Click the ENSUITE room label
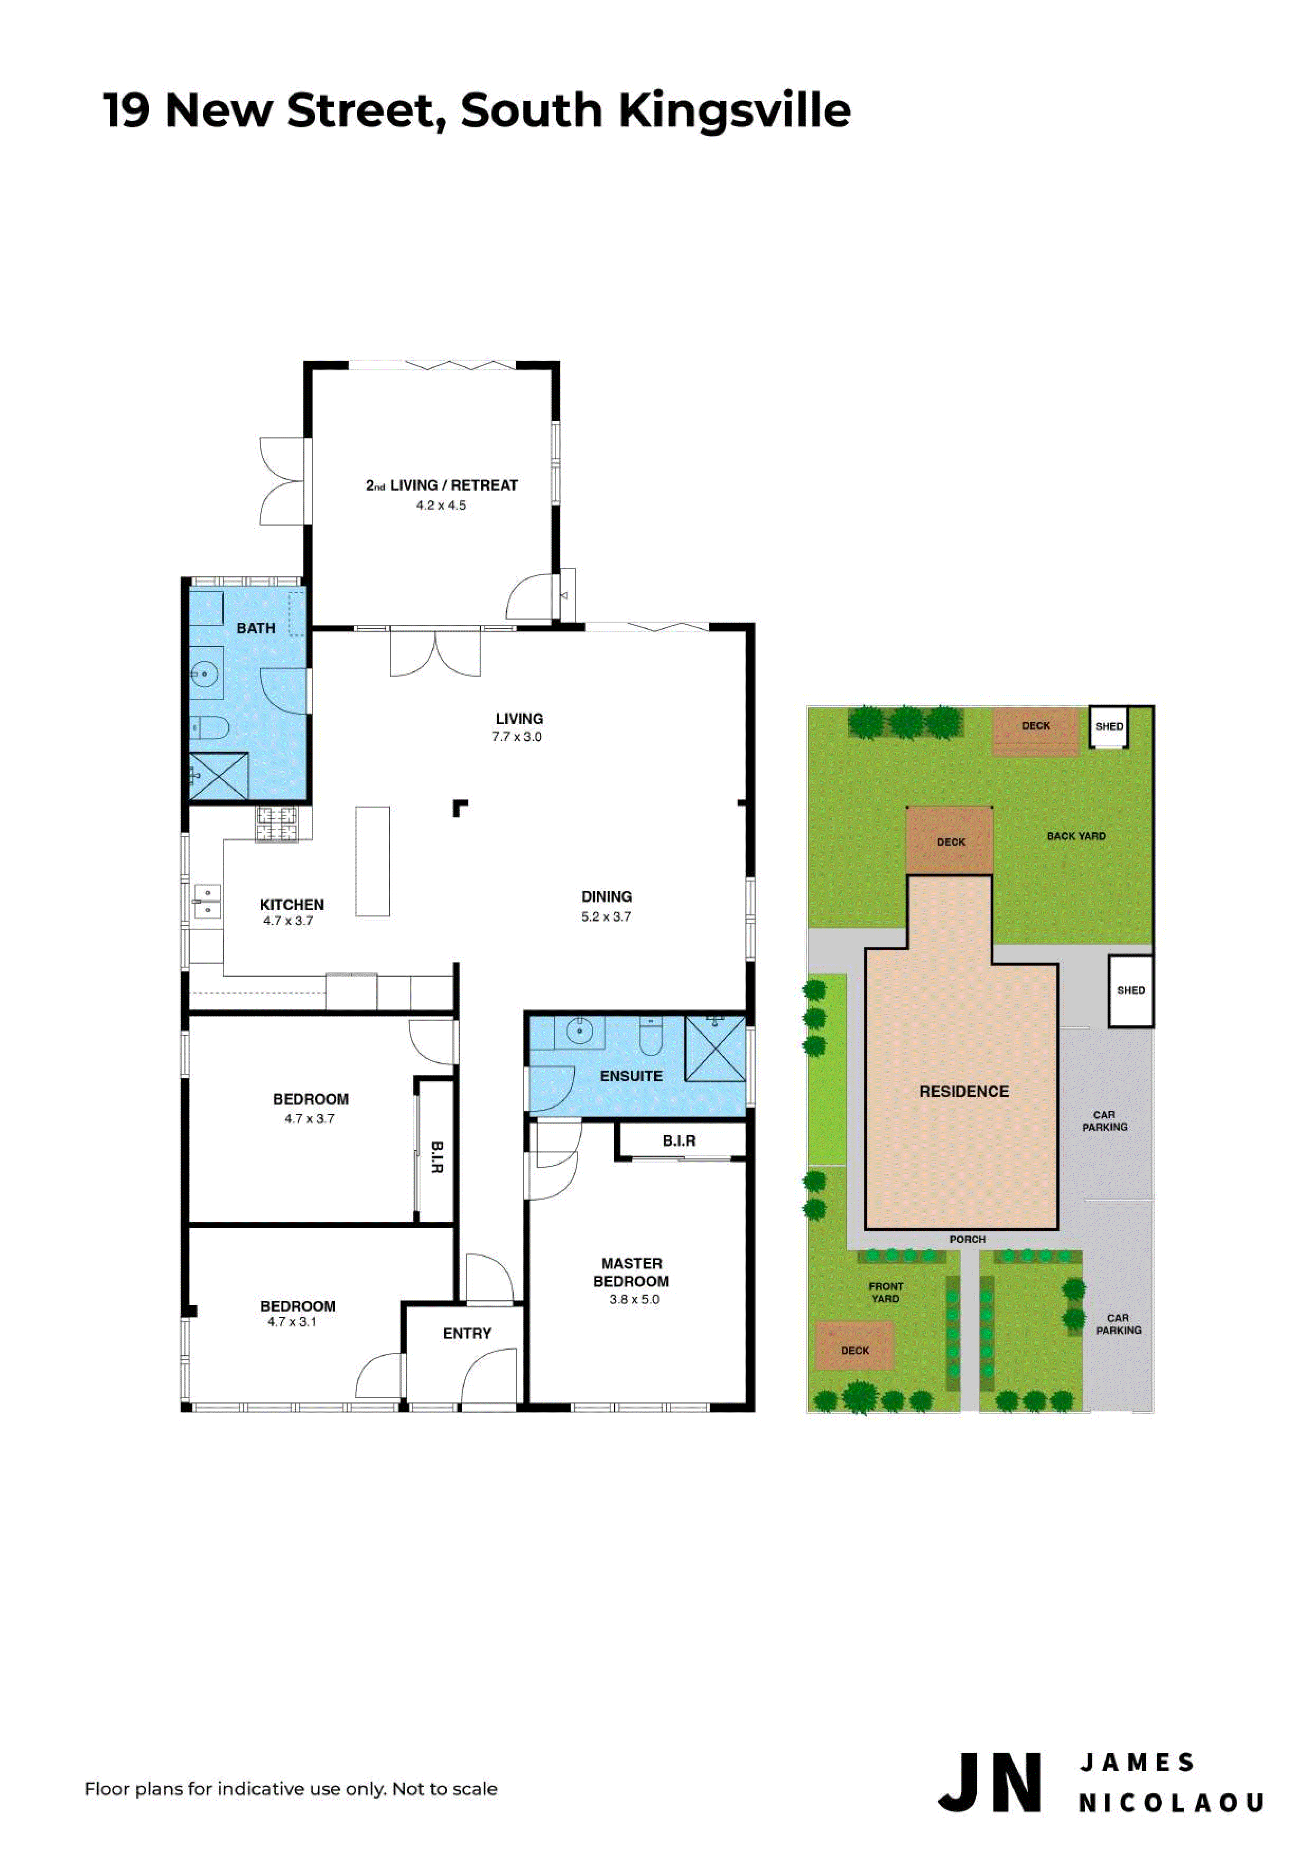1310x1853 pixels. tap(630, 1076)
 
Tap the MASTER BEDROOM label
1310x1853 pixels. tap(631, 1272)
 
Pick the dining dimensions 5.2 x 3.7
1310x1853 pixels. tap(606, 917)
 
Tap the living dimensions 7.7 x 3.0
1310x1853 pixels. tap(517, 737)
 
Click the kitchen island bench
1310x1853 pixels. tap(373, 861)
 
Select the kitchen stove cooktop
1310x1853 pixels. tap(276, 824)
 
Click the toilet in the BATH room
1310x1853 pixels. tap(210, 729)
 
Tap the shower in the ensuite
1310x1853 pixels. tap(715, 1049)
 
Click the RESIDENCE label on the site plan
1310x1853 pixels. tap(964, 1091)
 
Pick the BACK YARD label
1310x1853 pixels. tap(1076, 836)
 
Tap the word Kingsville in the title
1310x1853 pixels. tap(735, 112)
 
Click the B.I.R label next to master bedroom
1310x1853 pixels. tap(679, 1140)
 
